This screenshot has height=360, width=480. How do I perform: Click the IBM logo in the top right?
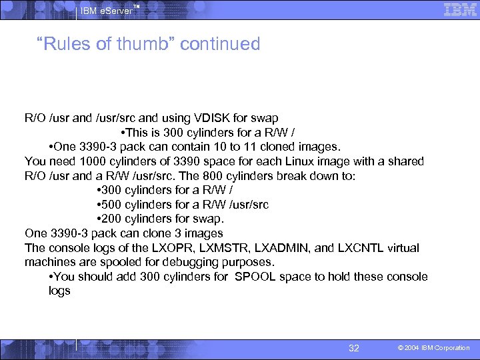(x=460, y=11)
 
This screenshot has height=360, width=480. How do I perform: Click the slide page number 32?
(x=354, y=348)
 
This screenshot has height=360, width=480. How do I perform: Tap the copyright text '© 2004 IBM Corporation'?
(x=434, y=348)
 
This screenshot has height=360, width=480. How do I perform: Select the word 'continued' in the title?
(x=220, y=44)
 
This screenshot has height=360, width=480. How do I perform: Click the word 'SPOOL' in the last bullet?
(x=255, y=277)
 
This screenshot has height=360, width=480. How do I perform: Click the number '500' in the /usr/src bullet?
(x=110, y=205)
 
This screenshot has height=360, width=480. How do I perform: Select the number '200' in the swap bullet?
(x=110, y=219)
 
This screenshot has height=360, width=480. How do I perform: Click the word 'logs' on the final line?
(x=59, y=291)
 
